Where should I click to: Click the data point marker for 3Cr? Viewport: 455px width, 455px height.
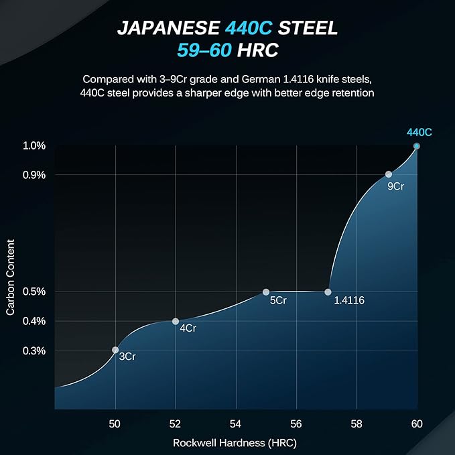115,350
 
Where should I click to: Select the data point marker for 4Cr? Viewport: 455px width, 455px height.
176,321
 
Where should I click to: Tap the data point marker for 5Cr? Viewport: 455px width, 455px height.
266,292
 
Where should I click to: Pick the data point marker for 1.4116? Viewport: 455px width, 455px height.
328,292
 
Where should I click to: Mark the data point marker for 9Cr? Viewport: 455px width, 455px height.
388,174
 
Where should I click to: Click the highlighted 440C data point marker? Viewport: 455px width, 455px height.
417,145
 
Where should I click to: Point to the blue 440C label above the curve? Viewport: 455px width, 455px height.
419,133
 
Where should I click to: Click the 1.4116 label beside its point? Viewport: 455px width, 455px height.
349,301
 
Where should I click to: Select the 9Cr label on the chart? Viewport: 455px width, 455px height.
395,186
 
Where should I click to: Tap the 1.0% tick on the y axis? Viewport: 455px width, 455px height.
34,145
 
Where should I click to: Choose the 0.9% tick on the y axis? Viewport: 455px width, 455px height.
34,175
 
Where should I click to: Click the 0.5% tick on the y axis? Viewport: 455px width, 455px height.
34,291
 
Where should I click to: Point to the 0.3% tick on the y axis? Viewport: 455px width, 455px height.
34,350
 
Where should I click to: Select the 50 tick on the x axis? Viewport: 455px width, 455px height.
115,424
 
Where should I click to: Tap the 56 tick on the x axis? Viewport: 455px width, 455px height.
296,424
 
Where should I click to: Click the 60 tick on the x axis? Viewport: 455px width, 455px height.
417,424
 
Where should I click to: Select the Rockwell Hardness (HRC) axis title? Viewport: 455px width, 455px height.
235,443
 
